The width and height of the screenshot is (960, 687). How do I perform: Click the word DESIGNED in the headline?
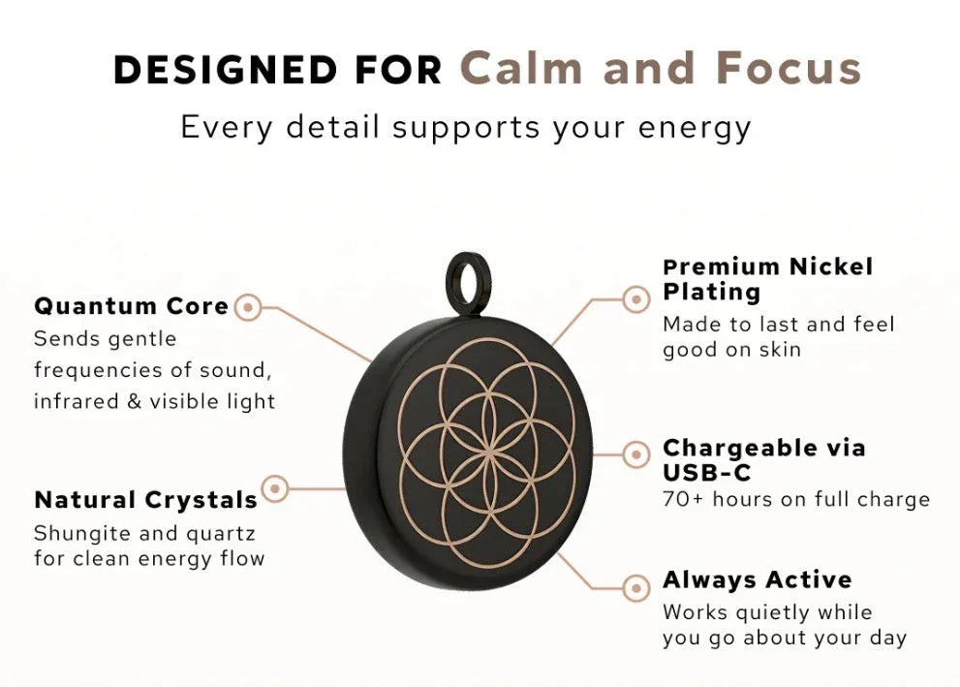point(226,69)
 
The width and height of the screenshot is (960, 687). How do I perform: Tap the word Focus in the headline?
point(789,68)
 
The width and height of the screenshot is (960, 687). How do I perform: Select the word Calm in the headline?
point(521,68)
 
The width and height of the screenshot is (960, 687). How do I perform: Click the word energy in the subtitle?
point(695,128)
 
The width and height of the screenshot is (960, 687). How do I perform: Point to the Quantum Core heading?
point(132,306)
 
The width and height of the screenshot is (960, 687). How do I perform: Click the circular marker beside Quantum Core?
point(248,307)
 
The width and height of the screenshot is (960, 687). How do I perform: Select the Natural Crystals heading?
point(145,500)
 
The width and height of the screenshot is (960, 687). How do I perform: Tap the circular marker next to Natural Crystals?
point(275,488)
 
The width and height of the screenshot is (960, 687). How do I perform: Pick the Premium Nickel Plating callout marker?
point(636,299)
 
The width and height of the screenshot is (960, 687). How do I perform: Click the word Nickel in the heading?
point(831,266)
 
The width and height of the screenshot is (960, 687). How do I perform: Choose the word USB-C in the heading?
point(707,473)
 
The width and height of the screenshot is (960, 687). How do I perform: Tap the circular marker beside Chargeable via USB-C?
point(636,455)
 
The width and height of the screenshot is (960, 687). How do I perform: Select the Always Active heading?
point(758,579)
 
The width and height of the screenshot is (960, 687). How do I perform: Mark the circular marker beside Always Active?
point(636,588)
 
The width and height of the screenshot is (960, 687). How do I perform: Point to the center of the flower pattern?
point(488,453)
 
